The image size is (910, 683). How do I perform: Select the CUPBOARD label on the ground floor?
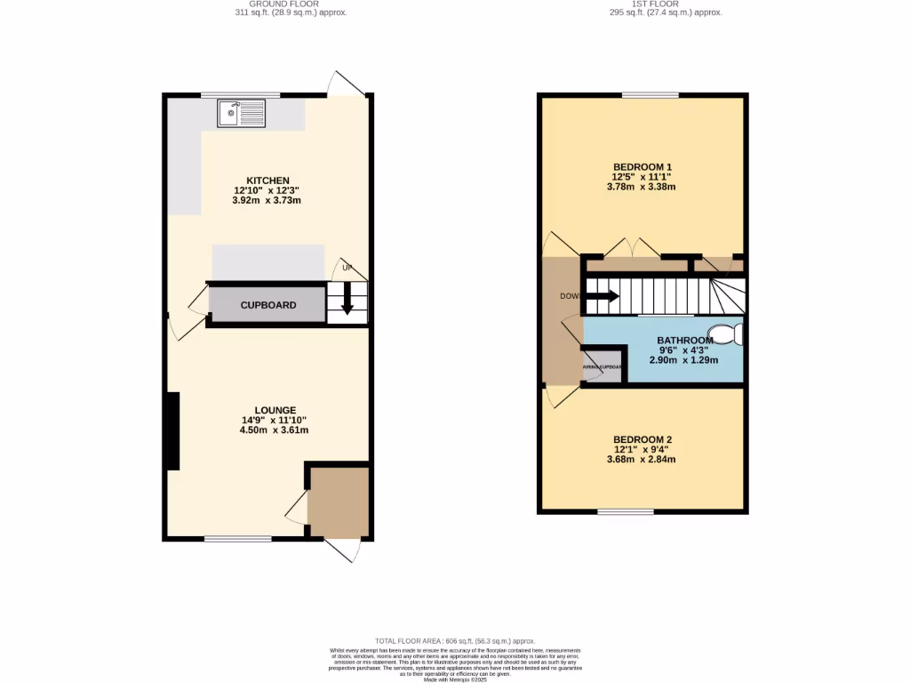tap(268, 305)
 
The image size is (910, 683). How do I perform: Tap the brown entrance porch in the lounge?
tap(339, 502)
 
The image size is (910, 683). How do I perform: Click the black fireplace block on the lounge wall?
tap(172, 430)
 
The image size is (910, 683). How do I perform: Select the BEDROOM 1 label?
tap(643, 166)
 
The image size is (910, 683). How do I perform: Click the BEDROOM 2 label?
tap(643, 439)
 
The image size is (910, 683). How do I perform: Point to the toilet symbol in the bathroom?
tap(730, 333)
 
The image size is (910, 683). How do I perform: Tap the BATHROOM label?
tap(685, 341)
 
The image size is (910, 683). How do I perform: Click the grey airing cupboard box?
tap(603, 366)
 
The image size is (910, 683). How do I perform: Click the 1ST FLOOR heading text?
tap(654, 4)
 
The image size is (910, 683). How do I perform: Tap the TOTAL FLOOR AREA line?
tap(455, 640)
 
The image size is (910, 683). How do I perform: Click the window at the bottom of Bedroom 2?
tap(625, 511)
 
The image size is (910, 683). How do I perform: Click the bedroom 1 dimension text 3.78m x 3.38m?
tap(642, 187)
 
